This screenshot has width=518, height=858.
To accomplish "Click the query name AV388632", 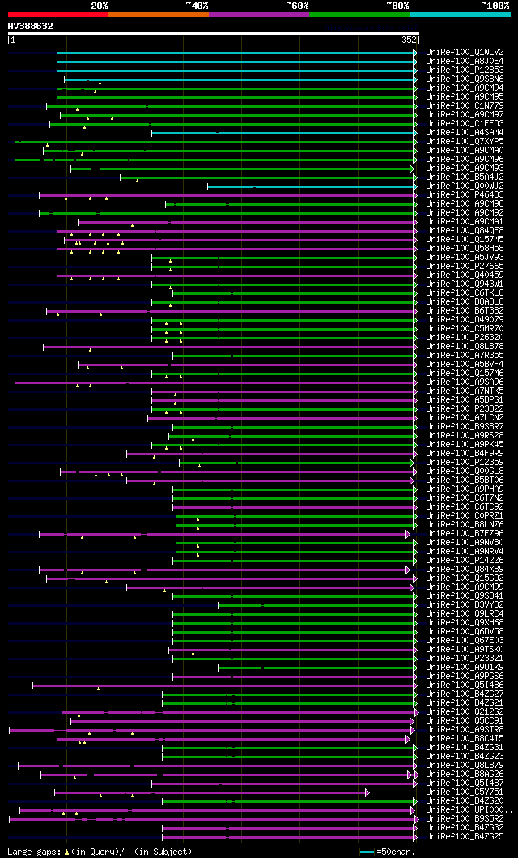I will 31,26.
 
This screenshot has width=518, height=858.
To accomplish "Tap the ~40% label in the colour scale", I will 197,5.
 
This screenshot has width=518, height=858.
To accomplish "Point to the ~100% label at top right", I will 495,5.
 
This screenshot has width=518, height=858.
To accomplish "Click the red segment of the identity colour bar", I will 57,14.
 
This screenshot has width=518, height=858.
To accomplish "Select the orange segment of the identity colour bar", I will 158,14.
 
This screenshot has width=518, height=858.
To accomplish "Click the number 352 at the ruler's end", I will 409,39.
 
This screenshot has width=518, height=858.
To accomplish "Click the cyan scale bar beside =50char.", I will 367,852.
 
